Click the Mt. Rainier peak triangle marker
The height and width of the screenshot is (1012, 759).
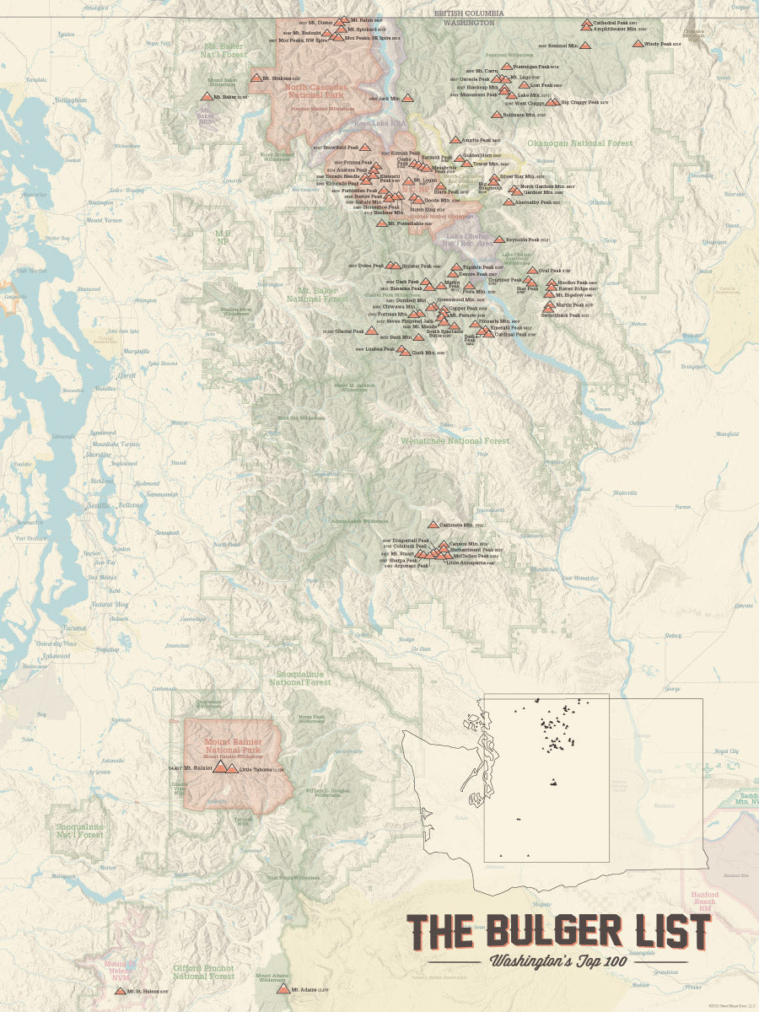[220, 767]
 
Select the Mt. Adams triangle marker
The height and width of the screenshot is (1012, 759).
[283, 989]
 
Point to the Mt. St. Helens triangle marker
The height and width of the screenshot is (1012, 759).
[120, 991]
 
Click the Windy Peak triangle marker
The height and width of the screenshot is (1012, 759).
[638, 43]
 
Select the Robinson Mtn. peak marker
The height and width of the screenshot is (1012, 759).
[496, 115]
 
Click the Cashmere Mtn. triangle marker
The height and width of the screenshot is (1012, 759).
[433, 525]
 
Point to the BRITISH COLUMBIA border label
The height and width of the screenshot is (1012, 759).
[469, 13]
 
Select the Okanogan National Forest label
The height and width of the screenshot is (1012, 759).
[579, 143]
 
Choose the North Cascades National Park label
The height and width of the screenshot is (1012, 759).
[315, 92]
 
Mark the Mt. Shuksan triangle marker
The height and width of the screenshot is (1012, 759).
[256, 78]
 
